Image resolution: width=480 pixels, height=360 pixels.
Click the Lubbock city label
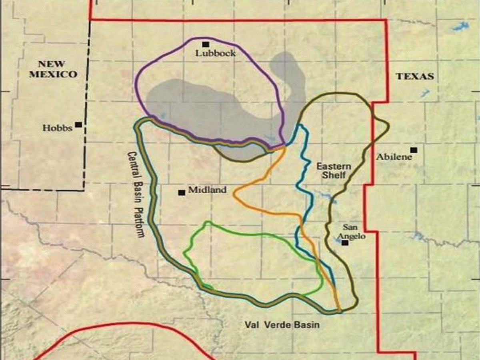click(x=215, y=53)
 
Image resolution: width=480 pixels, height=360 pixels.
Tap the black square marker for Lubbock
click(x=206, y=44)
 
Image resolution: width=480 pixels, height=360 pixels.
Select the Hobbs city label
click(x=58, y=128)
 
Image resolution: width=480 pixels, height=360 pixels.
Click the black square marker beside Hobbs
click(x=78, y=125)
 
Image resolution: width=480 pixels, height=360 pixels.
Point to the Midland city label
click(x=207, y=190)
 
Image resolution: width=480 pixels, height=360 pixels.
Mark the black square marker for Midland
click(x=181, y=192)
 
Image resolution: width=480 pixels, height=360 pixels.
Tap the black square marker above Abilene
click(x=414, y=150)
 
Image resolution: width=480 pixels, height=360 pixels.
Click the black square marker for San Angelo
click(x=345, y=242)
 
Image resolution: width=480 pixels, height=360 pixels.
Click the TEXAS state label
click(x=415, y=76)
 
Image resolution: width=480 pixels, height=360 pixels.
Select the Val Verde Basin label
click(x=282, y=325)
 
